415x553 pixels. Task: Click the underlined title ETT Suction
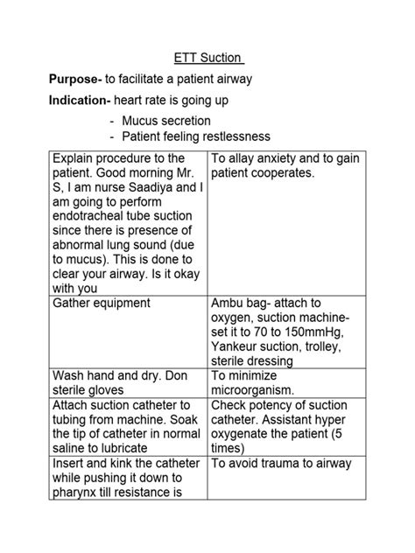tap(207, 59)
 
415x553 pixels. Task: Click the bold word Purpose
tap(74, 80)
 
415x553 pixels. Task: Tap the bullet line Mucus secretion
tap(166, 121)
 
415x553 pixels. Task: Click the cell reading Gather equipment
tap(102, 303)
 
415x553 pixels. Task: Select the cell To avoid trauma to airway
tap(281, 464)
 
